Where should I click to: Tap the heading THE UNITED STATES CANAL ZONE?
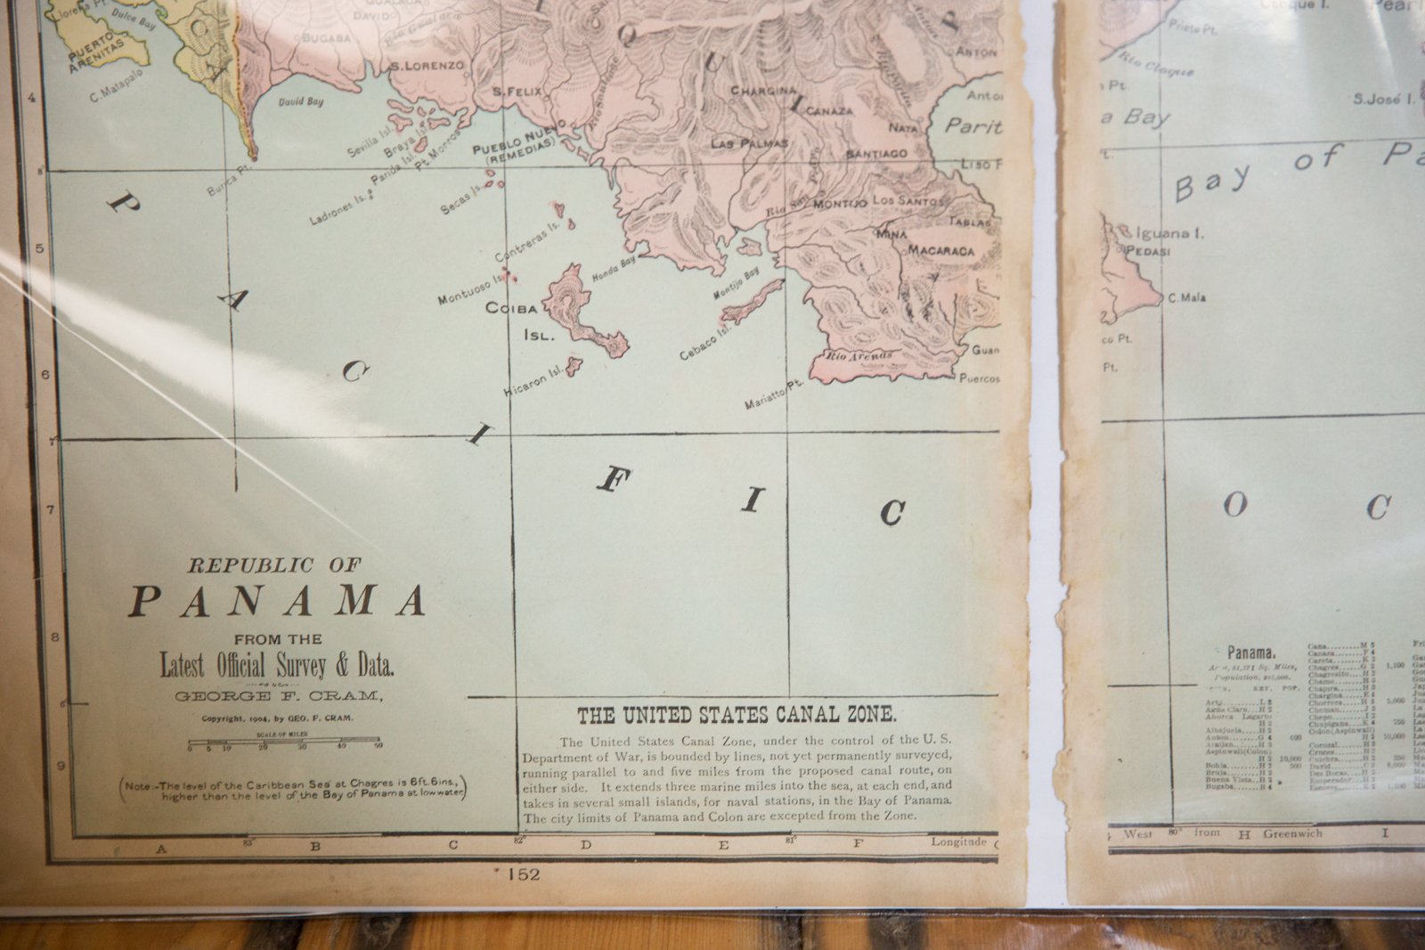point(737,715)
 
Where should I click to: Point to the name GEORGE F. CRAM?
point(279,696)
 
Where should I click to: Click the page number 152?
point(522,874)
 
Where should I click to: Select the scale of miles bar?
point(284,741)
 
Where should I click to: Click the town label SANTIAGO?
point(876,154)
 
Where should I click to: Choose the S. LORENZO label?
point(427,65)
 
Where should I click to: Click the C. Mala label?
point(1187,297)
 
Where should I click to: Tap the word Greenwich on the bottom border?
point(1292,834)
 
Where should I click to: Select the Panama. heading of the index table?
point(1252,653)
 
